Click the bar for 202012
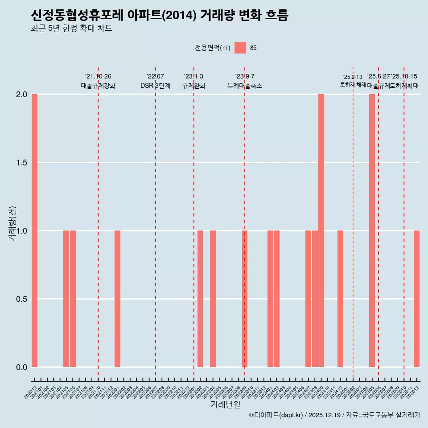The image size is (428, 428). click(34, 230)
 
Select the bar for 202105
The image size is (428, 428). click(66, 299)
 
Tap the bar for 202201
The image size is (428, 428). click(117, 299)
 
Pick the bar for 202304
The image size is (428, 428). click(213, 299)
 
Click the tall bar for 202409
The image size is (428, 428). click(321, 230)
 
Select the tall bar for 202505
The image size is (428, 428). click(372, 230)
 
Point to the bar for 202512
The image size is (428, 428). click(416, 299)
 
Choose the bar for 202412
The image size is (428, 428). click(340, 299)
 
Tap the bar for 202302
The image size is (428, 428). click(200, 299)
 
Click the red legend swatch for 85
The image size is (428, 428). click(240, 48)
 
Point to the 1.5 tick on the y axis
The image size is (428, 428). click(21, 163)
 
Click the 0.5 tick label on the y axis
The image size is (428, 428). click(21, 299)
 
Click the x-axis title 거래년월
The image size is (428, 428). click(225, 405)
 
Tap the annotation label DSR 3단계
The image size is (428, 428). click(155, 86)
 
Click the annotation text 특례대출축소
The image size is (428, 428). click(245, 86)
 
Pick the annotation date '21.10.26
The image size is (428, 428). click(98, 76)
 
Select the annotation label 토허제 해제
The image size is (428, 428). click(353, 85)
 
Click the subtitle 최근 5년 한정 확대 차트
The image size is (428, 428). click(71, 29)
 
